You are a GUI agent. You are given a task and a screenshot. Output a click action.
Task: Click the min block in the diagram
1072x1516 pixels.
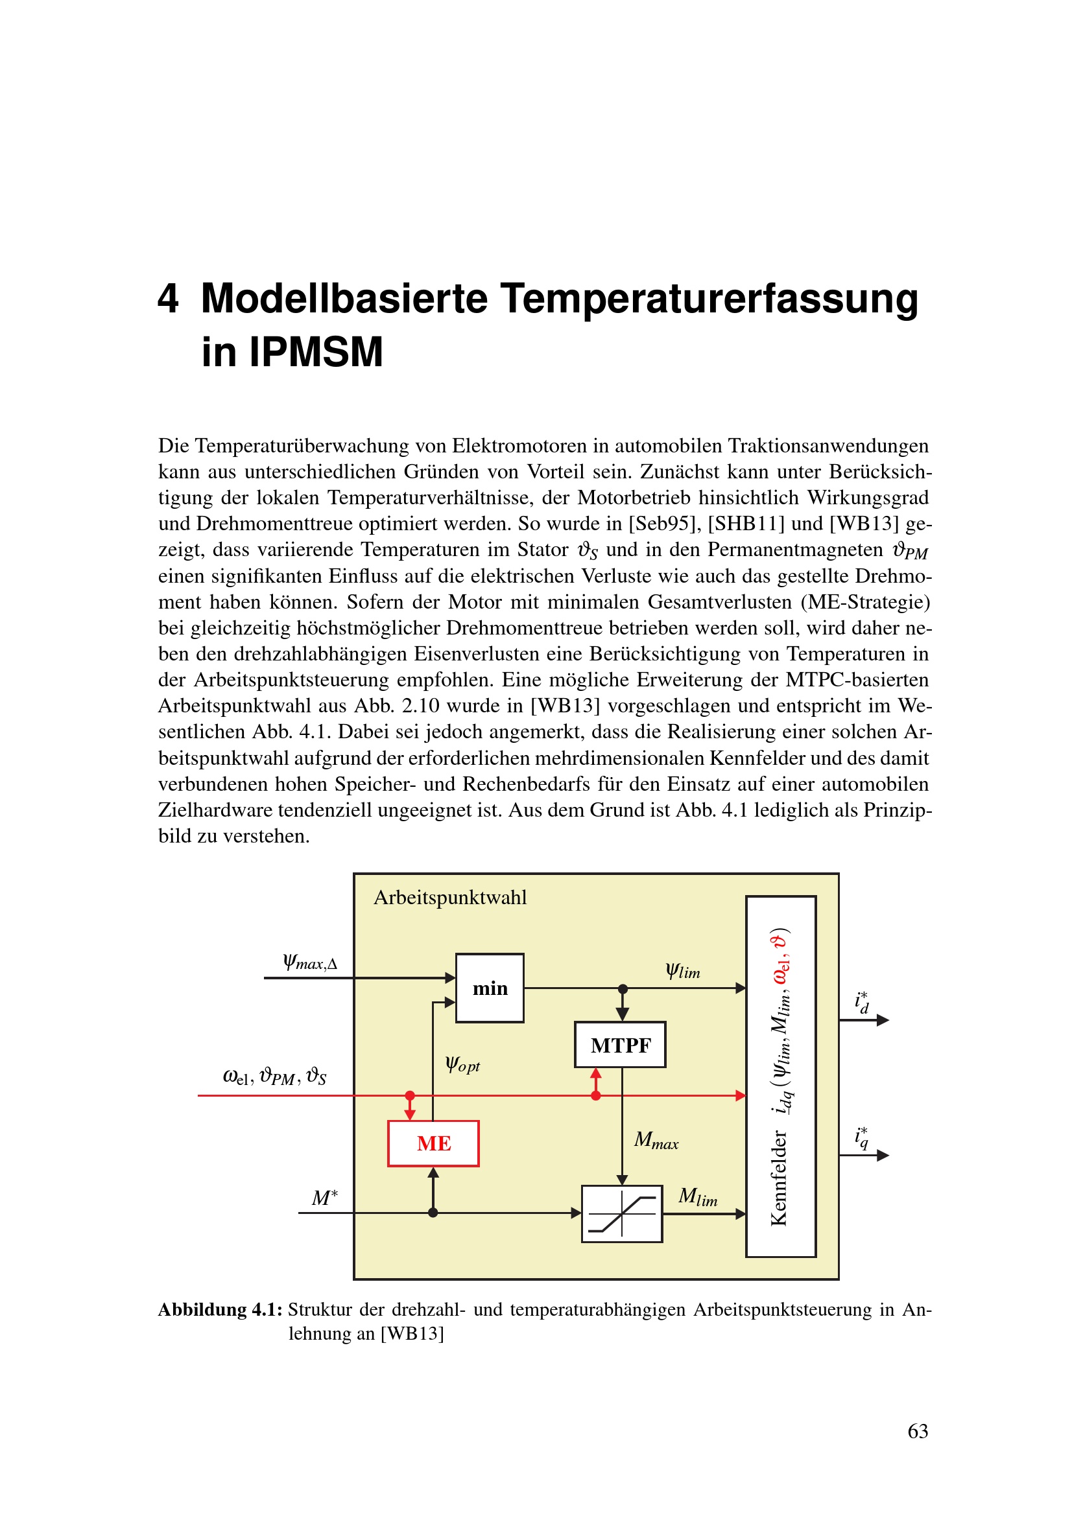tap(490, 988)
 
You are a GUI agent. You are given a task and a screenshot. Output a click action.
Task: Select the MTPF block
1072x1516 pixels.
tap(620, 1045)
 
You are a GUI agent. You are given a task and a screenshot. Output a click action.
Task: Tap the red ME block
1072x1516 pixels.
tap(433, 1143)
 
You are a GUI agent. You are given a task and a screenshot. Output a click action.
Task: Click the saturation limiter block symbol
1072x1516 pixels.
tap(621, 1213)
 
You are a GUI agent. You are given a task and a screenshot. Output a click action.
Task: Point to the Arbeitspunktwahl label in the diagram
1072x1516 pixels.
tap(450, 897)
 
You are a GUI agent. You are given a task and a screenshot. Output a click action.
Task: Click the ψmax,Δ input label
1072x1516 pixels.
tap(310, 962)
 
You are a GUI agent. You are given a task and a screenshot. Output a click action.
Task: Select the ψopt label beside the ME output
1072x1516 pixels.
tap(462, 1064)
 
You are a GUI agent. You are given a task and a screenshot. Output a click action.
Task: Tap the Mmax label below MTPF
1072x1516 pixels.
tap(656, 1139)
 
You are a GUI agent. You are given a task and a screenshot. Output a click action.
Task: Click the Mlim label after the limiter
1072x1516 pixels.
tap(698, 1196)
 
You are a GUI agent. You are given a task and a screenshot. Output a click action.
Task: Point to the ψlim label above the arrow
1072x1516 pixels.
tap(682, 971)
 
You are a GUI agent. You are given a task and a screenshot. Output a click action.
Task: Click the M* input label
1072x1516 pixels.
tap(324, 1197)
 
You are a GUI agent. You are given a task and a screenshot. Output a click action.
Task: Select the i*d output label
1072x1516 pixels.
tap(862, 1002)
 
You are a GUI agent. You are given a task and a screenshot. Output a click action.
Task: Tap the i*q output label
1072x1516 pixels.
tap(861, 1137)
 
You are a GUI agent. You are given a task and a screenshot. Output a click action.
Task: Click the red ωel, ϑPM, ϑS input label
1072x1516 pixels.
tap(274, 1076)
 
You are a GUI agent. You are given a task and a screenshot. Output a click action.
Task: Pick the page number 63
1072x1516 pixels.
tap(918, 1431)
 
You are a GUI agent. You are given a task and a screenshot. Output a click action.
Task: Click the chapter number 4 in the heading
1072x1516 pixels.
tap(168, 297)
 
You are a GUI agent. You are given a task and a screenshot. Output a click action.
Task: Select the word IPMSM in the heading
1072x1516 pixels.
tap(316, 351)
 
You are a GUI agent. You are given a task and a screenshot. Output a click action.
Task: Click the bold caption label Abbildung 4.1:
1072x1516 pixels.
tap(220, 1309)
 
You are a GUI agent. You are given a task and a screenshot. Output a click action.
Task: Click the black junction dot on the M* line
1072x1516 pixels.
tap(433, 1213)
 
